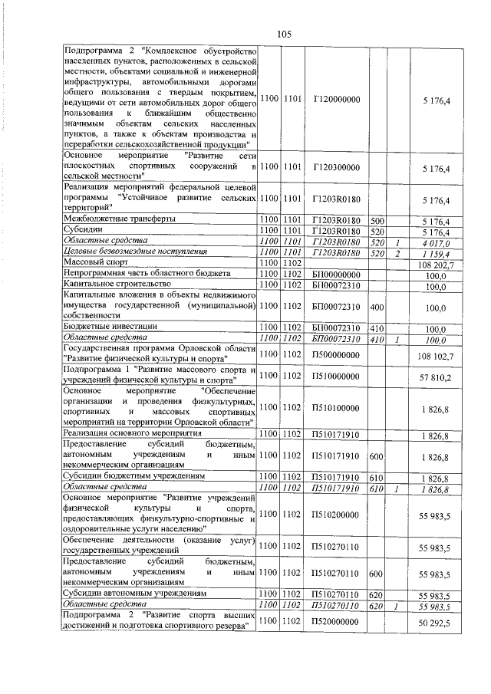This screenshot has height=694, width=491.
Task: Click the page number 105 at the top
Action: [x=285, y=34]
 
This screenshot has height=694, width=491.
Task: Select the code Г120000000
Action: [x=337, y=100]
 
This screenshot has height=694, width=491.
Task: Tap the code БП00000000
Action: [x=337, y=274]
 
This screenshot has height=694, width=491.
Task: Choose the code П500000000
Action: [x=337, y=356]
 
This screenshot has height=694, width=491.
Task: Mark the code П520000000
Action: [x=337, y=625]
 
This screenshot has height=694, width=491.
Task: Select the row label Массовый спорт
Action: [x=94, y=263]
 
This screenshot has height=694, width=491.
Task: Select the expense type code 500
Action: [x=377, y=219]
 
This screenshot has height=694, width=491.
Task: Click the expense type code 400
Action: [x=377, y=306]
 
